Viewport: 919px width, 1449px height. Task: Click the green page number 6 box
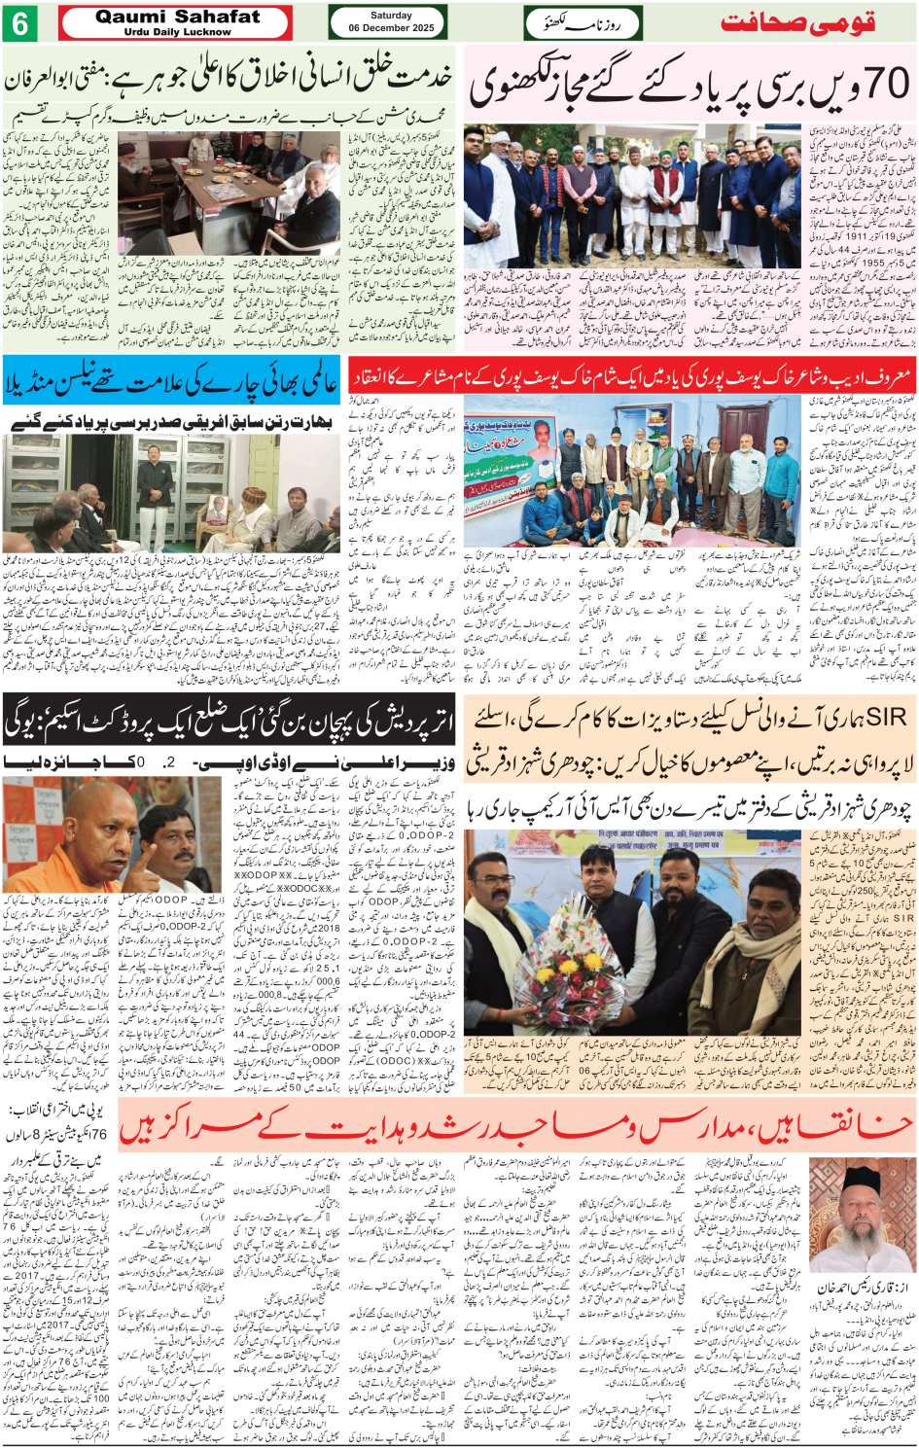click(x=20, y=23)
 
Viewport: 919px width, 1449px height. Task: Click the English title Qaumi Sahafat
click(x=177, y=17)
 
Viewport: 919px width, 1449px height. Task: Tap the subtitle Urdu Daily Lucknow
click(x=177, y=32)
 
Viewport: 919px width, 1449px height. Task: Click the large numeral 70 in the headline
click(x=881, y=87)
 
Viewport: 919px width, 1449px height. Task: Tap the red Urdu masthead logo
click(x=797, y=23)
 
